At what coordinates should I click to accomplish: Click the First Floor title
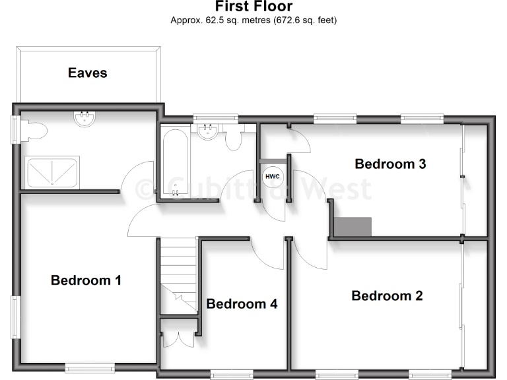253,7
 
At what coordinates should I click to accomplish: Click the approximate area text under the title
253,20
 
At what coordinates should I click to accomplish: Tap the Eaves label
87,73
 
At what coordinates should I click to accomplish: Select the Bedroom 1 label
86,280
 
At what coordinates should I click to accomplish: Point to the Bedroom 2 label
387,296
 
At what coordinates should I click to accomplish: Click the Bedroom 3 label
390,164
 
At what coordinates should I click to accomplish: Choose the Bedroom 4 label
242,303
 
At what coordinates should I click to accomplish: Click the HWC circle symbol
271,176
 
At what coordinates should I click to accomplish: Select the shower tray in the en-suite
52,172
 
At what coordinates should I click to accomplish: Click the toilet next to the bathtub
233,141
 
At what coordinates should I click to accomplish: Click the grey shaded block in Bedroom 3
353,226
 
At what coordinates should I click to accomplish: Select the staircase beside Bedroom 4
178,274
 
